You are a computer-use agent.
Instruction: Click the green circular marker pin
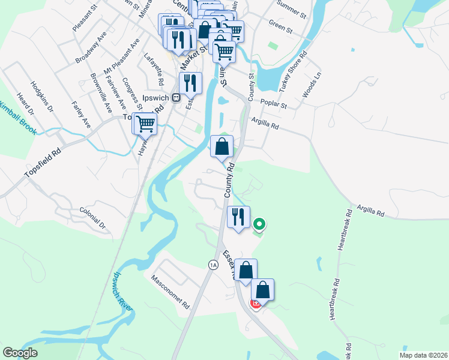coord(259,224)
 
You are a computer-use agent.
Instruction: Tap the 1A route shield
coord(212,265)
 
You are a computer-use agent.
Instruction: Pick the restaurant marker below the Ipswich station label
coord(190,83)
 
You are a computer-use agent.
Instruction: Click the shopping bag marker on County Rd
coord(221,146)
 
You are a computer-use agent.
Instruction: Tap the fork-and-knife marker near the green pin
coord(238,217)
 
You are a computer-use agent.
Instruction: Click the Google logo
coord(20,352)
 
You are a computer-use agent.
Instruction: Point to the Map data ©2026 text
coord(423,355)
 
